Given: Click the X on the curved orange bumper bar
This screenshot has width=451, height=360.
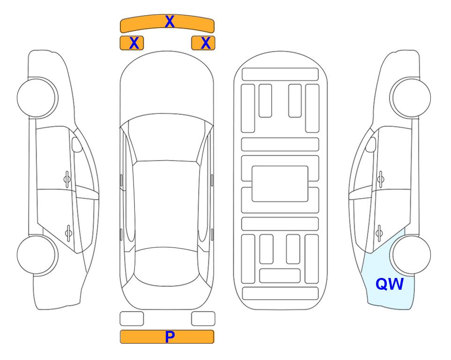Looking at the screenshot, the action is point(170,22).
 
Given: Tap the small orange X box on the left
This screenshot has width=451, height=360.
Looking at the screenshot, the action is point(132,43).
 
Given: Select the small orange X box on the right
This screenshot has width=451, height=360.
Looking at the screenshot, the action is point(203,43).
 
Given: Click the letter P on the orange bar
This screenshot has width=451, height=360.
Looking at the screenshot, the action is point(170,337).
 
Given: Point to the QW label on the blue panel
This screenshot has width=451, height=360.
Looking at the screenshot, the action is point(390,284).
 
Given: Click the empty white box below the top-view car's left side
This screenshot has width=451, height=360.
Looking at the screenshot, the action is point(132,319).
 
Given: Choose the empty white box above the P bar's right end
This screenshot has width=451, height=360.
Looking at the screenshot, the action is point(203,319).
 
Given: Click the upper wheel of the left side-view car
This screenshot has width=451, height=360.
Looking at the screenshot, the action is point(37,98).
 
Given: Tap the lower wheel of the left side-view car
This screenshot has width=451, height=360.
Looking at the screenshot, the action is point(37,255).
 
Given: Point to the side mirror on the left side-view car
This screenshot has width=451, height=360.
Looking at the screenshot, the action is point(76,144).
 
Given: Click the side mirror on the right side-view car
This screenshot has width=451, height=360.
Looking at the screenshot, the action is point(371,144).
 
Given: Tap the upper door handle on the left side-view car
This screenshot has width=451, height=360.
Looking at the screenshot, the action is point(67,180).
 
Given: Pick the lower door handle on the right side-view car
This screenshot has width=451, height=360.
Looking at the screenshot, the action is point(379,233).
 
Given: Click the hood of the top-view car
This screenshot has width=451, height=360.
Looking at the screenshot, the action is point(167,86).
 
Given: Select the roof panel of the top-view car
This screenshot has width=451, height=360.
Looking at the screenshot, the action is point(166,206).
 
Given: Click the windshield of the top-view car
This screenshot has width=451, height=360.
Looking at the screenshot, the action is point(166,138).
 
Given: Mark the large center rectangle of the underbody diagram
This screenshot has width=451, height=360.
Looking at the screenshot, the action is point(280,184).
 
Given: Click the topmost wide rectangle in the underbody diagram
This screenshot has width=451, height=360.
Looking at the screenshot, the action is point(280,75).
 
